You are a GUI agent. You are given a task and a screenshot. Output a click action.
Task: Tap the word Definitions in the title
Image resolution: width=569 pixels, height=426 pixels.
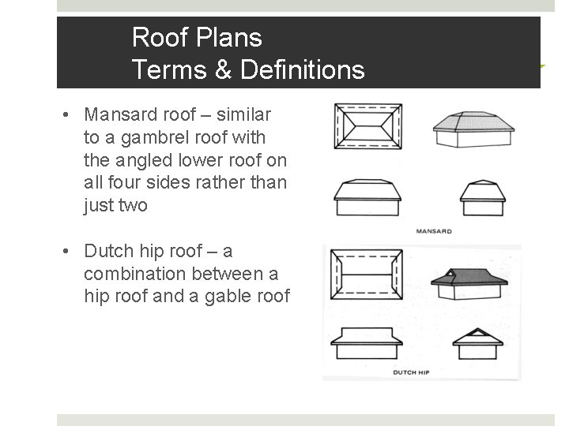tap(304, 71)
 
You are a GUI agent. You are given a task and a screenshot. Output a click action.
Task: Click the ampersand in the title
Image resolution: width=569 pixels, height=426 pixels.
tap(224, 71)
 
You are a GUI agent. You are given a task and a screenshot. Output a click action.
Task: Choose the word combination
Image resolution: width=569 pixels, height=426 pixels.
tap(131, 274)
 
